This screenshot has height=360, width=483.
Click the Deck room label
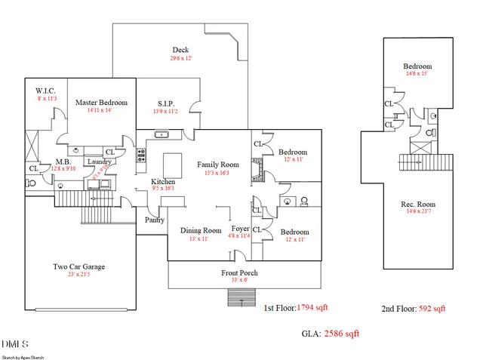tap(180, 51)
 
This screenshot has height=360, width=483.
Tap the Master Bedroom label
tap(102, 103)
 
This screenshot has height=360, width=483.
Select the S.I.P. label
tap(166, 103)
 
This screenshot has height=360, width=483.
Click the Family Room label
tap(218, 165)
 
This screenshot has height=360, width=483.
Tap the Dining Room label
tap(201, 230)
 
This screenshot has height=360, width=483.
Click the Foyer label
tap(241, 229)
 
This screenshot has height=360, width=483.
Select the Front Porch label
tap(240, 272)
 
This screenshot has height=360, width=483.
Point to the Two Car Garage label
tap(78, 266)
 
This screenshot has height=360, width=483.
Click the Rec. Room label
tap(417, 205)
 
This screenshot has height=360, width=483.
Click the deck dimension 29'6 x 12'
tap(181, 59)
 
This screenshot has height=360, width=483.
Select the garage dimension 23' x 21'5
tap(78, 275)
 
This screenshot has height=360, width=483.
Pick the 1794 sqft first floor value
tap(312, 307)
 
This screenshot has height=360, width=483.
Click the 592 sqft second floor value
tap(432, 308)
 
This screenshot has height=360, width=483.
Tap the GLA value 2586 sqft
tap(342, 333)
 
